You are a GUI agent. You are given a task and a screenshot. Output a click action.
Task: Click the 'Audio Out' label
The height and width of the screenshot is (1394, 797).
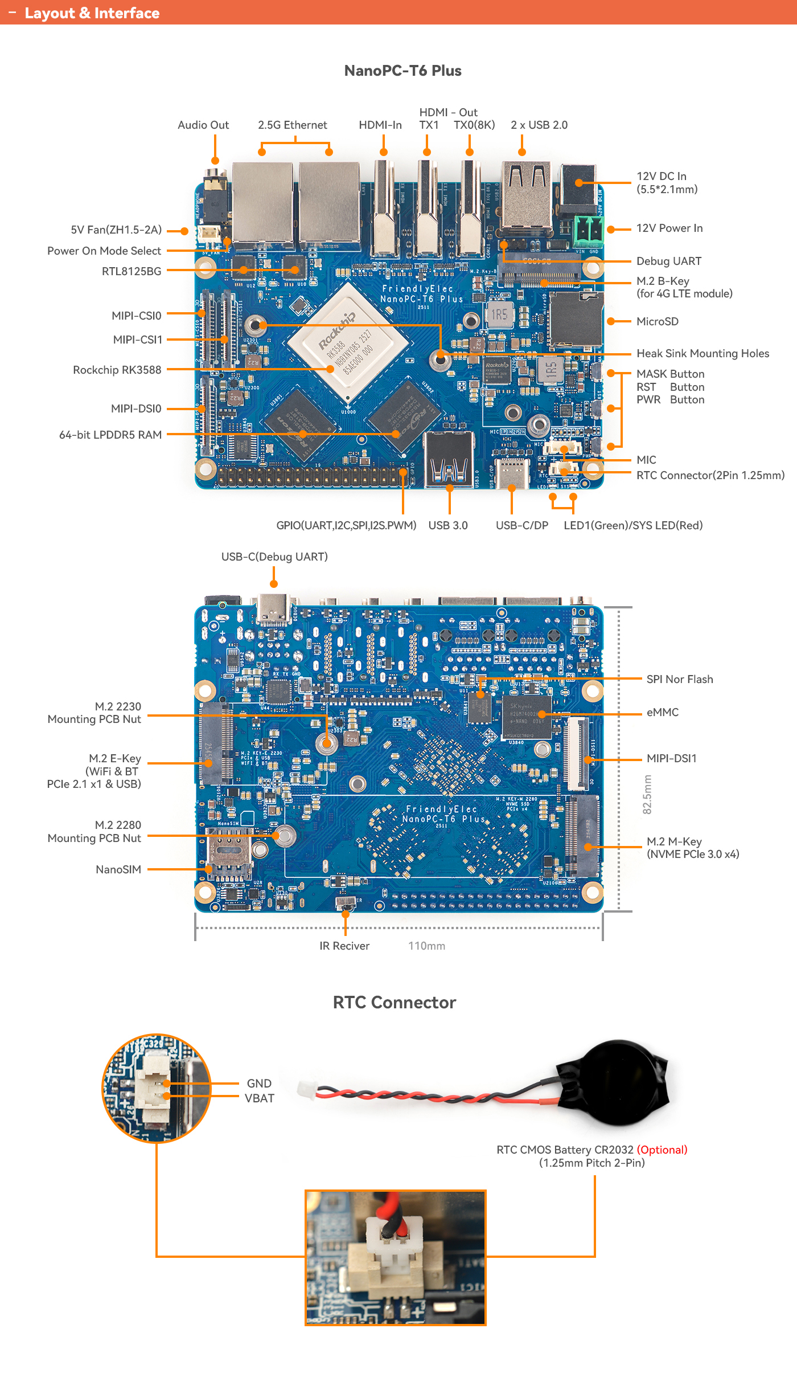pos(203,125)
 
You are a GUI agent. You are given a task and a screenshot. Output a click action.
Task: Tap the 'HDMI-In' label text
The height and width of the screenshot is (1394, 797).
pos(380,125)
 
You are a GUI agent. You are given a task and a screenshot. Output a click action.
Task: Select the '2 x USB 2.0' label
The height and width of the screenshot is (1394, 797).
pos(539,125)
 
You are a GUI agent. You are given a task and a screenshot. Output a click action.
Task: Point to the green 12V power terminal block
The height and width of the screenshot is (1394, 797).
pos(589,230)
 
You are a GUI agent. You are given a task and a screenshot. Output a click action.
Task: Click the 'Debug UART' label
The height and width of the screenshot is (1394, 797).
pos(669,261)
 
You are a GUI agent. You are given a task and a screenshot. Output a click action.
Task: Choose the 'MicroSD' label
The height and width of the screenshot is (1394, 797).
pos(658,322)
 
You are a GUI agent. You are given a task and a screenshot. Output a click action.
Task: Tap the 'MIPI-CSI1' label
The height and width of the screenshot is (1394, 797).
pos(138,340)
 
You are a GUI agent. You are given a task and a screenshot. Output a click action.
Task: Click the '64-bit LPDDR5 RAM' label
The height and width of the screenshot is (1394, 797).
pos(110,435)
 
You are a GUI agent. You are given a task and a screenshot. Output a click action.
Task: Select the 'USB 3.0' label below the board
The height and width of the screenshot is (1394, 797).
pos(448,526)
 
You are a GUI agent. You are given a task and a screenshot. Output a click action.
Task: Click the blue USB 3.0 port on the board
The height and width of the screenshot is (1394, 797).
pos(449,459)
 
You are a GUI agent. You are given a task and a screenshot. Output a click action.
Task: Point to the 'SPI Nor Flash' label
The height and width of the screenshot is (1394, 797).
pos(680,680)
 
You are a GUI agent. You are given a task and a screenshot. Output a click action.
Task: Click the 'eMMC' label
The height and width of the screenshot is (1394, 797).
pos(663,713)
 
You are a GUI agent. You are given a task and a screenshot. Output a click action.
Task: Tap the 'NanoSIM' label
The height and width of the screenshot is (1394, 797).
pos(118,870)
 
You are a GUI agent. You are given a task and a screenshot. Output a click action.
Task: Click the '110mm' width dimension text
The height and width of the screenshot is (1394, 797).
pos(426,946)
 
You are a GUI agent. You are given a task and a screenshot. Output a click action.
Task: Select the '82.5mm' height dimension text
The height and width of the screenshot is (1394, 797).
pos(647,794)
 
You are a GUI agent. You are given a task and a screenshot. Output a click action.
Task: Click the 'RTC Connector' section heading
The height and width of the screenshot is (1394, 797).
pos(395,1003)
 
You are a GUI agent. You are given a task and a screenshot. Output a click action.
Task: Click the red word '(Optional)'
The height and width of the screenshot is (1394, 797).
pos(662,1150)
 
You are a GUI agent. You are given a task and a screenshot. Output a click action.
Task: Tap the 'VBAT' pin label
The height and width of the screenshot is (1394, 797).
pos(260,1099)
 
